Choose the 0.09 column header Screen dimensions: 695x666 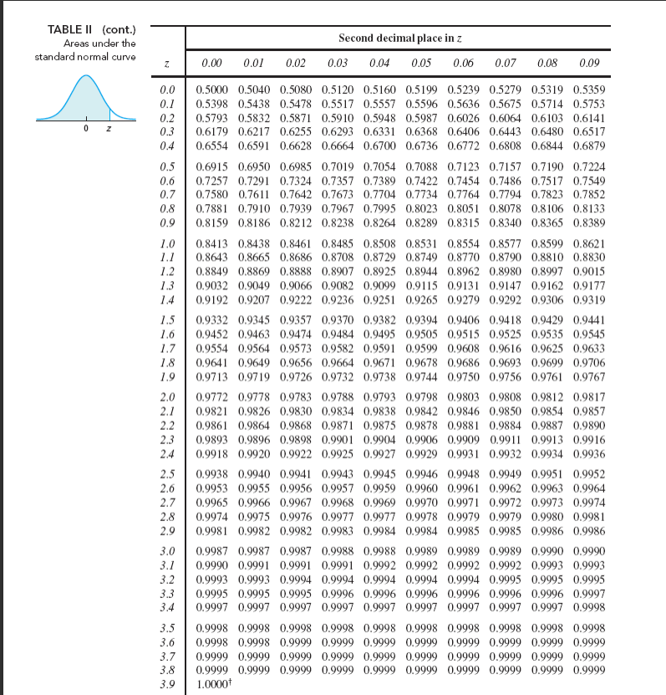click(589, 63)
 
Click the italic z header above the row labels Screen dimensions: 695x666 click(166, 64)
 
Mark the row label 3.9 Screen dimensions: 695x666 click(166, 683)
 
